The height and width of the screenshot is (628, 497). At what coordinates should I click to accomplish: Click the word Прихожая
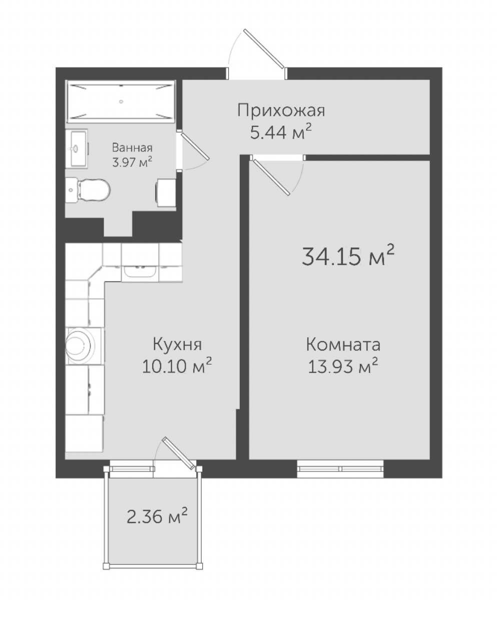tap(281, 111)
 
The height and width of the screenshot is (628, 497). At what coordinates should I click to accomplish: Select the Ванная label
tap(132, 148)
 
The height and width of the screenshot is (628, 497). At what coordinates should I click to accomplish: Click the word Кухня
tap(177, 344)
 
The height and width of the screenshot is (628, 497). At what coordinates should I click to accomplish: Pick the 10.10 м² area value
tap(177, 366)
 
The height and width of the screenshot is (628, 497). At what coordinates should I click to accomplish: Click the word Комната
tap(343, 344)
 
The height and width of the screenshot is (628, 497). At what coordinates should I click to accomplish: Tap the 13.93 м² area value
tap(343, 366)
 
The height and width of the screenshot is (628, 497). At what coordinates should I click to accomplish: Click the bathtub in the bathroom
tap(121, 101)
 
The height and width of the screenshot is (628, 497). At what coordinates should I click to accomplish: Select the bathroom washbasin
tap(77, 149)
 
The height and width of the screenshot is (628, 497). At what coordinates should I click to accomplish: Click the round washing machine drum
tap(80, 346)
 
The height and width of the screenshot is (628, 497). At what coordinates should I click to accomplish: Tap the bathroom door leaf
tap(195, 146)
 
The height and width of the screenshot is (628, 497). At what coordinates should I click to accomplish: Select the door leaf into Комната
tap(272, 177)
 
